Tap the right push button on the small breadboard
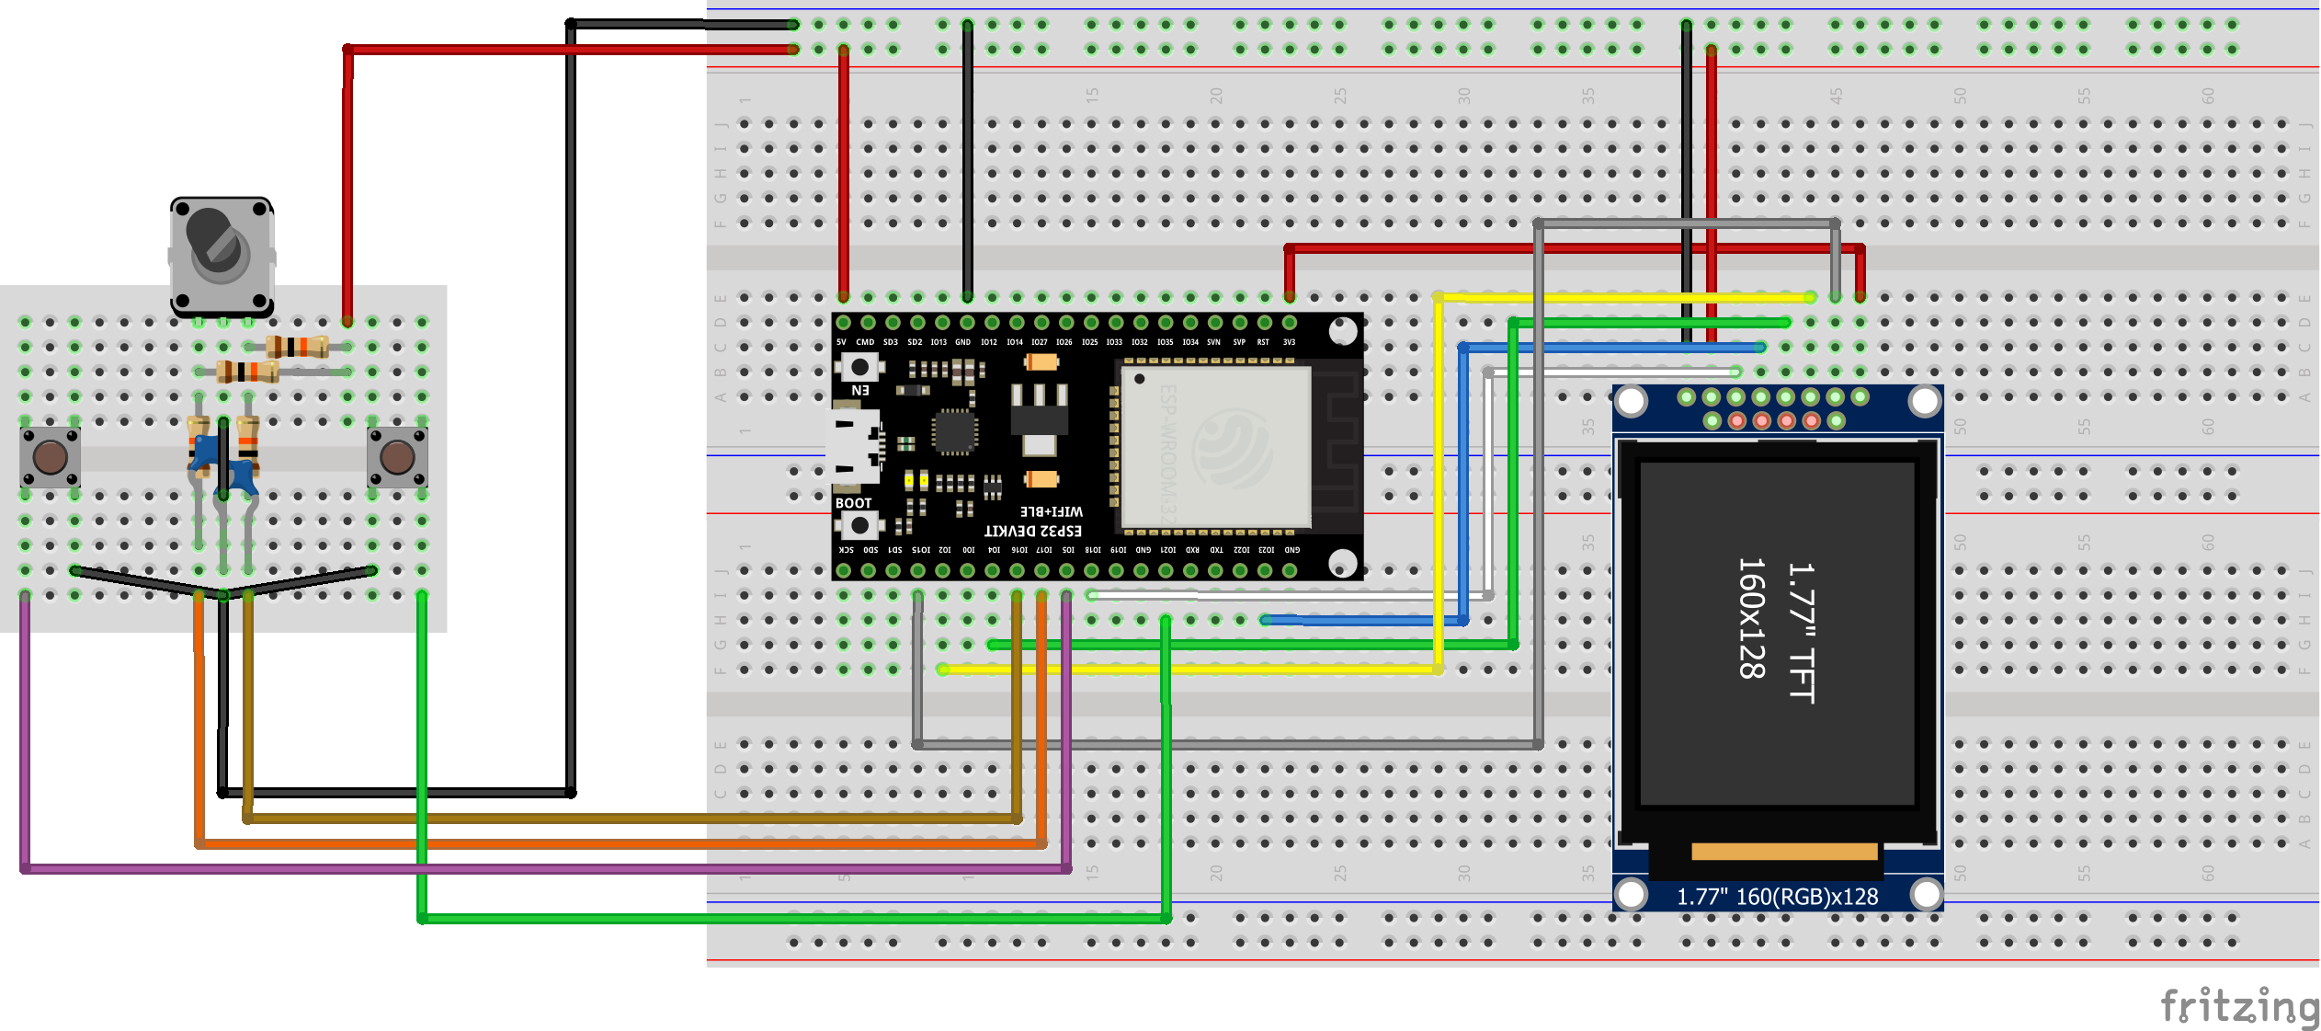397,457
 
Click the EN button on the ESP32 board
859,368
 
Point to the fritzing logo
2239,1005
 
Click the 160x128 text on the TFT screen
1752,618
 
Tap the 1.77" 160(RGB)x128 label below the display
1777,897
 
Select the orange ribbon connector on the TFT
1783,852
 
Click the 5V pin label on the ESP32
841,342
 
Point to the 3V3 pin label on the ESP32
1289,342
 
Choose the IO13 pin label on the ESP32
939,342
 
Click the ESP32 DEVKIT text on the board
1033,531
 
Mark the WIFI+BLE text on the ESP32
1052,511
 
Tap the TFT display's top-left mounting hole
1632,402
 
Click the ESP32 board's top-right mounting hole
1342,331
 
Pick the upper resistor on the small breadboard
297,347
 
